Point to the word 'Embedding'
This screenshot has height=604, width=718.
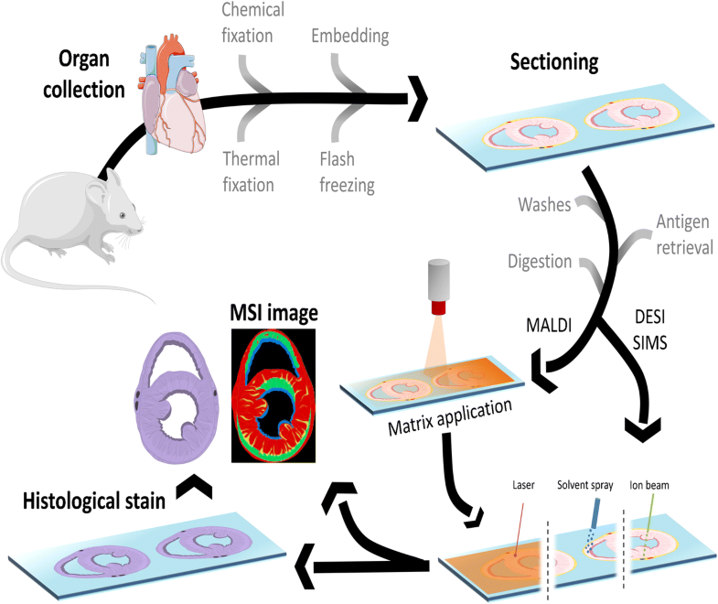(349, 37)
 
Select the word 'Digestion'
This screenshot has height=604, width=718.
(539, 262)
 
